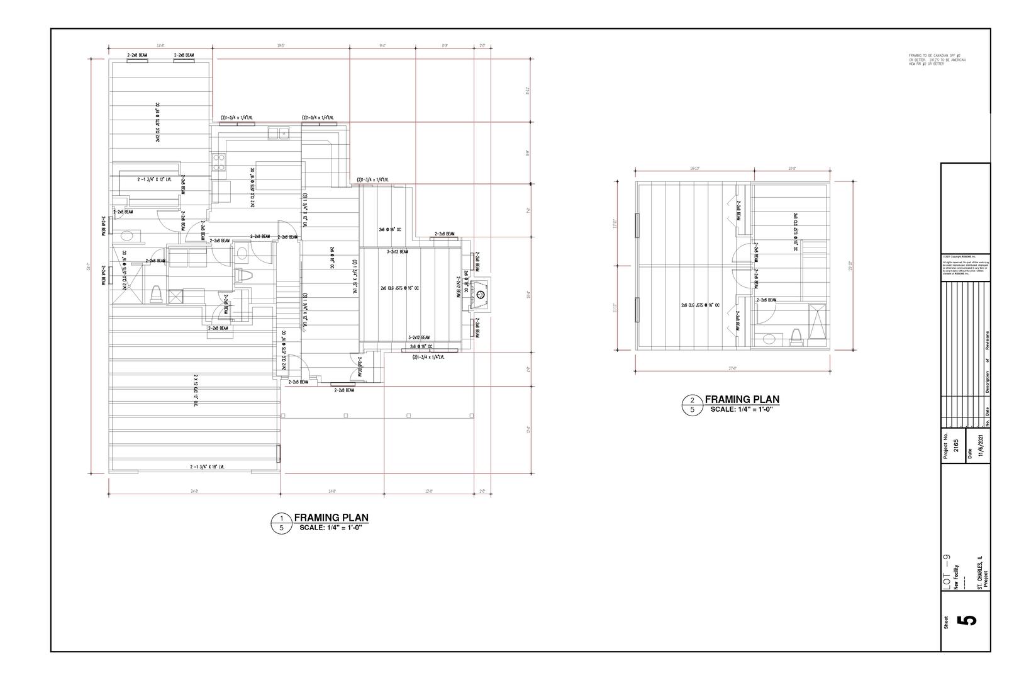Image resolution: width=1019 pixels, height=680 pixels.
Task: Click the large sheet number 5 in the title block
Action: pos(969,620)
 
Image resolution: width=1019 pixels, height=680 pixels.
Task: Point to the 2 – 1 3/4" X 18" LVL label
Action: pos(207,467)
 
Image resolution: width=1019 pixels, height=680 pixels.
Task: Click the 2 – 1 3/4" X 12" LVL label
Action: pos(155,179)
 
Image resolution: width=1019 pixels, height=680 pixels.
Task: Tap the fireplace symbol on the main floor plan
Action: pos(482,293)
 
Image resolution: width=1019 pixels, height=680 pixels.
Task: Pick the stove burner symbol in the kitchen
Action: pos(218,162)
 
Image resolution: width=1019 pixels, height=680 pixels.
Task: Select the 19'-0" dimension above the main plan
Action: pos(281,46)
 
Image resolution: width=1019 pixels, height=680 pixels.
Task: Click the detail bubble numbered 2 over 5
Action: pos(693,405)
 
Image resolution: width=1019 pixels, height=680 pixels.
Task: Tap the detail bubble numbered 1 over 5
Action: pos(281,523)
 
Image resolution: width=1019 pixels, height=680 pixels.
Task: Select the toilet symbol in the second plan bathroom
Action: pos(796,337)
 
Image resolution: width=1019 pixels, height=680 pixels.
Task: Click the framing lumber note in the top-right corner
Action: pos(937,60)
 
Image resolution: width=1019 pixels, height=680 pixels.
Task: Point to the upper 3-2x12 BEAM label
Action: pos(397,252)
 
